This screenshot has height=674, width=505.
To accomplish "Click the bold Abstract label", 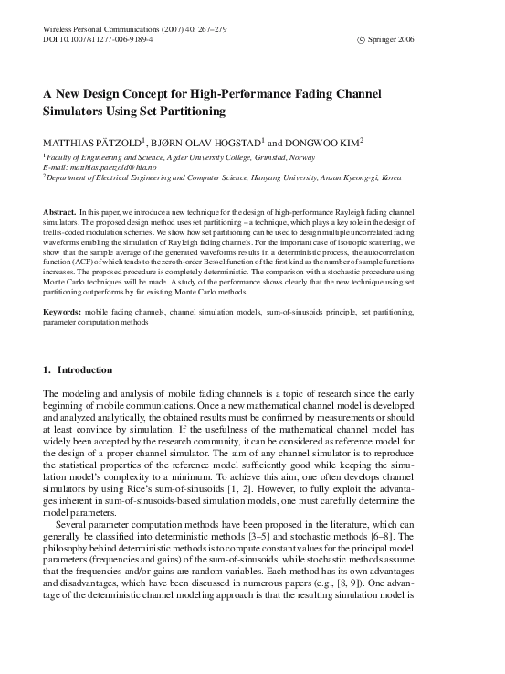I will tap(59, 212).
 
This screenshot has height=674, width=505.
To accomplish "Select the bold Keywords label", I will tap(63, 313).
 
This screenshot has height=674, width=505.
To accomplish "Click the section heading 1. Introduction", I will tap(79, 370).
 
